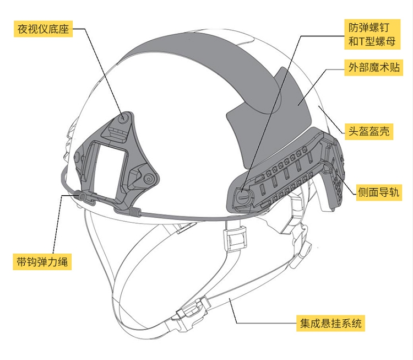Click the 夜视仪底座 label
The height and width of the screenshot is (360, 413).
(44, 29)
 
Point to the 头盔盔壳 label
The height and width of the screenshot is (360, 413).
(368, 131)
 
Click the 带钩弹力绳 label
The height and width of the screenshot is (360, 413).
(42, 262)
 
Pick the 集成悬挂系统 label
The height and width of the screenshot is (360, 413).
(330, 323)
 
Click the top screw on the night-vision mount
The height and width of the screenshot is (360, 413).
(123, 117)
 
